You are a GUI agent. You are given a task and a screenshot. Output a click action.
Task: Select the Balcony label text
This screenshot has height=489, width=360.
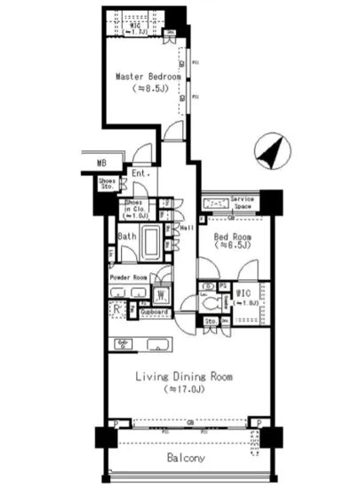187,458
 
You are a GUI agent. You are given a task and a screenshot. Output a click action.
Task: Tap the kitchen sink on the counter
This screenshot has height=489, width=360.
160,345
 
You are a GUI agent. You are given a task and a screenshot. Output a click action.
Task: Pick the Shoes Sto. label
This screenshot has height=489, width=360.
108,183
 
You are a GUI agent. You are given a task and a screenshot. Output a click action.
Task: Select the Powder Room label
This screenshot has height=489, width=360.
127,277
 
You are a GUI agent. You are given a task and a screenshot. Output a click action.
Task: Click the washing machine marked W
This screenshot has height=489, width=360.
163,294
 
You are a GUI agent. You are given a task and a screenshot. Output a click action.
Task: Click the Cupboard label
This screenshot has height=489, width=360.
156,313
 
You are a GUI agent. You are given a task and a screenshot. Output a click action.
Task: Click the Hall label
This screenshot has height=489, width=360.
188,228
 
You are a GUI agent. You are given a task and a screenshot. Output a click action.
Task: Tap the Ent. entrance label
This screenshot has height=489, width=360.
140,174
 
